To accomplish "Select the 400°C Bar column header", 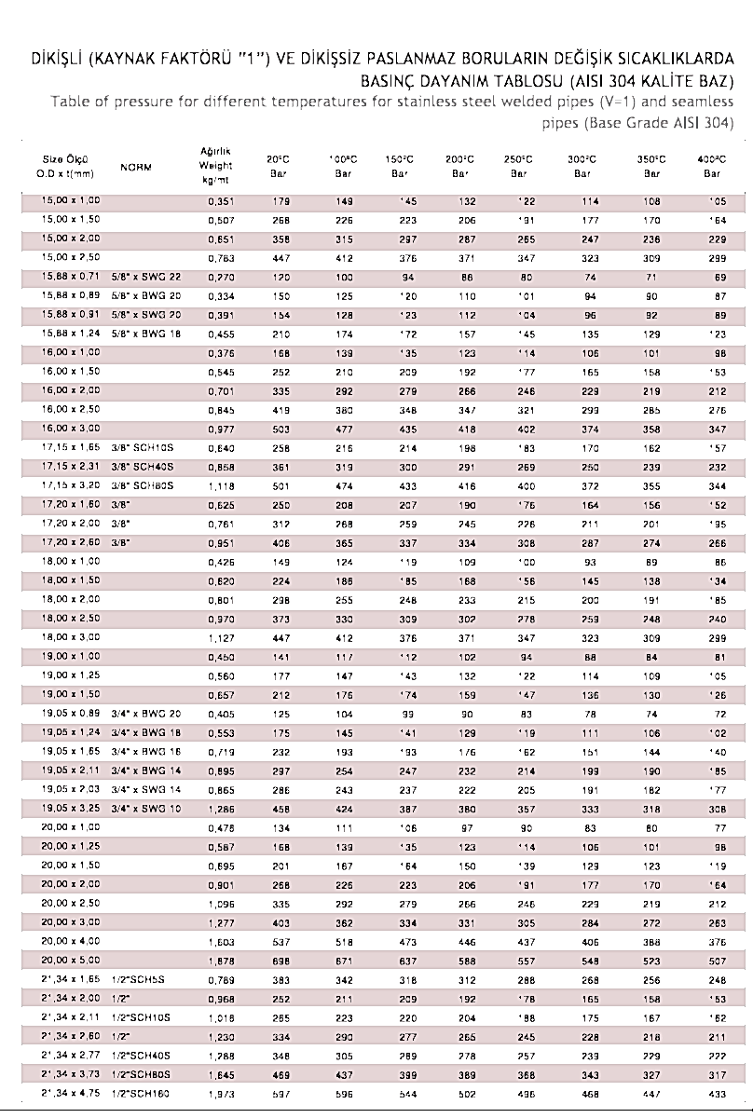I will coord(711,166).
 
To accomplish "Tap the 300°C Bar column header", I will coord(583,166).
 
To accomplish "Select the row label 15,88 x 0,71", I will coord(71,277).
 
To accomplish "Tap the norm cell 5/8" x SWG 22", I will coord(146,277).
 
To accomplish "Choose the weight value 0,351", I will coord(220,201).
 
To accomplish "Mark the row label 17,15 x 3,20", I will coord(71,485).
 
